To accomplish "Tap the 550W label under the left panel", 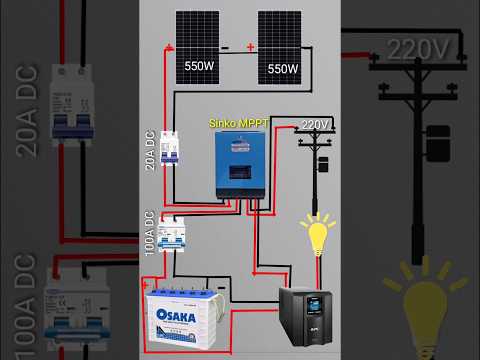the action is click(200, 66).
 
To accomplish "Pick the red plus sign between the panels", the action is click(250, 47).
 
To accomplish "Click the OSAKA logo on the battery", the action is click(181, 312).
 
